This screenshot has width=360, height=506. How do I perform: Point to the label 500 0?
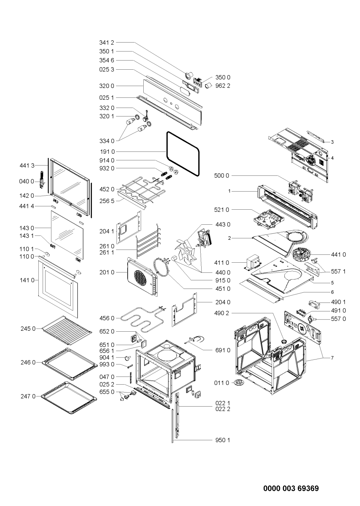[x=223, y=176]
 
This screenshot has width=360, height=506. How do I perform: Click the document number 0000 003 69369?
[x=291, y=489]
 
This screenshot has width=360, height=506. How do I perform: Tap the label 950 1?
[x=223, y=440]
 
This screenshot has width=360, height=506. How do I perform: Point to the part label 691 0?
[x=223, y=350]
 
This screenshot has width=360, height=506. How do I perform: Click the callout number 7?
[x=332, y=358]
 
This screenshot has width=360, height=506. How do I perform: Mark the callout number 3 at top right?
[x=332, y=142]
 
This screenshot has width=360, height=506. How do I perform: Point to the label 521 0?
[x=223, y=209]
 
